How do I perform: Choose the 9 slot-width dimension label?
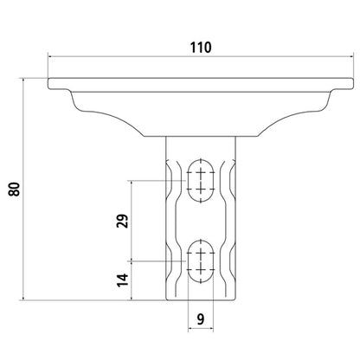coord(201,318)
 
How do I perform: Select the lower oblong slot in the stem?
coord(201,259)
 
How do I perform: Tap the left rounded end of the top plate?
coord(51,84)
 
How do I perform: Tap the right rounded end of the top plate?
coord(351,84)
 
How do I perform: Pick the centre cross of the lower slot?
coord(201,260)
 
